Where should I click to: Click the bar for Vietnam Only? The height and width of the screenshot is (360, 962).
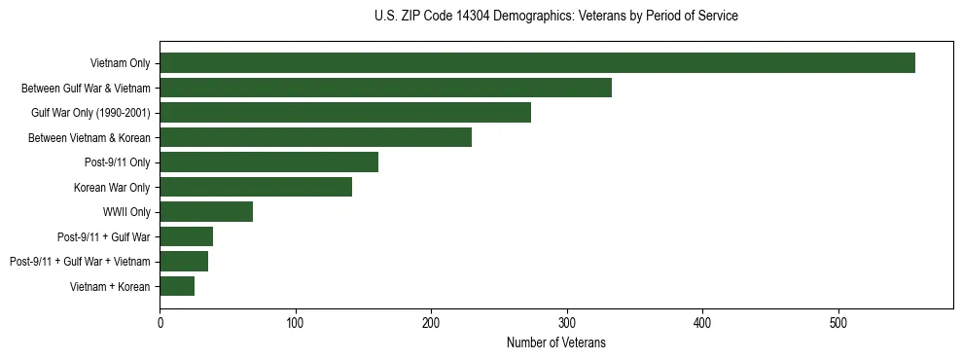(537, 63)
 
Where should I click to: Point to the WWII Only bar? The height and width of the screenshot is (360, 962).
(206, 212)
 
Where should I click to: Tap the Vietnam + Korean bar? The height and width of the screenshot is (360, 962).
(177, 286)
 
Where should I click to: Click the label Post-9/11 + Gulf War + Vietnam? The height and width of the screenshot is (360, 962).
(80, 262)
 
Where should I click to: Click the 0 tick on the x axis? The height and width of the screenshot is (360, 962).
(160, 322)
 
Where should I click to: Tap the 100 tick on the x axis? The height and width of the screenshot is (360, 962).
(296, 322)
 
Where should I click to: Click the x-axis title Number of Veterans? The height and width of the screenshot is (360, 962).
(556, 342)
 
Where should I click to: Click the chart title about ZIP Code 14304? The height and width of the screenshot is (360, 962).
(556, 17)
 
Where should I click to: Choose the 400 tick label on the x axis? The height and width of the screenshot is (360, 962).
(702, 322)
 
